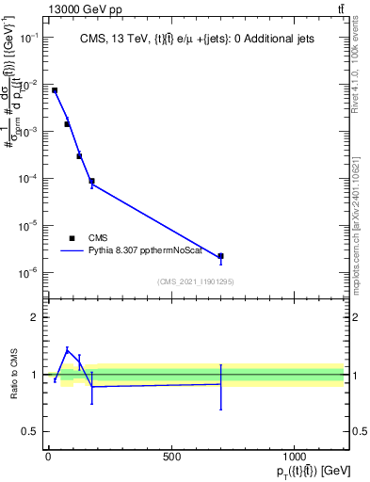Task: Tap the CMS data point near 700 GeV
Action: point(220,256)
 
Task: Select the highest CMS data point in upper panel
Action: point(55,90)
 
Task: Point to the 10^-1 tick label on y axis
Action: point(30,38)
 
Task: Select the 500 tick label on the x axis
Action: point(171,457)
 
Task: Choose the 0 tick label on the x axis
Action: point(48,457)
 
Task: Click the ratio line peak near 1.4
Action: point(67,349)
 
